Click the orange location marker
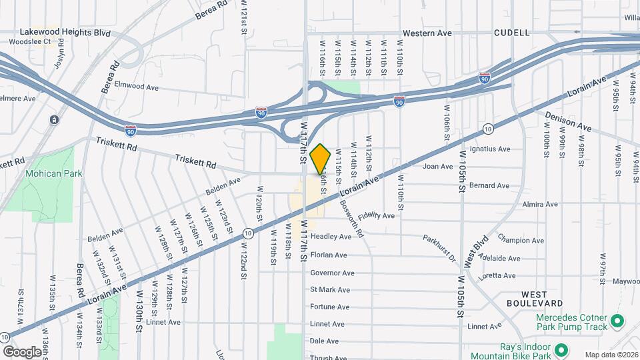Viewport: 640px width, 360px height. [x=321, y=159]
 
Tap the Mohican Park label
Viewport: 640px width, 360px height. [x=49, y=173]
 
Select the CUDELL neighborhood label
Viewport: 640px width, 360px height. [x=512, y=32]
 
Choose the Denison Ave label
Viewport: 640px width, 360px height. [x=567, y=121]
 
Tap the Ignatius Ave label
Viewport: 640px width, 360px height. [x=489, y=149]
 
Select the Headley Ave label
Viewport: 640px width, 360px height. [x=331, y=237]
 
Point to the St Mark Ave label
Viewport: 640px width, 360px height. [x=330, y=290]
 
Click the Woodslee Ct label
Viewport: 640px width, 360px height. [x=30, y=41]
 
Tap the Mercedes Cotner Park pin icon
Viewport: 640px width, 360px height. [x=617, y=322]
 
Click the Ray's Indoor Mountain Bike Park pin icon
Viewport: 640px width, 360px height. [x=561, y=349]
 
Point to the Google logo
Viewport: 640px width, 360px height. [x=21, y=351]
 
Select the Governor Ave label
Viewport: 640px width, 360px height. [x=332, y=273]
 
